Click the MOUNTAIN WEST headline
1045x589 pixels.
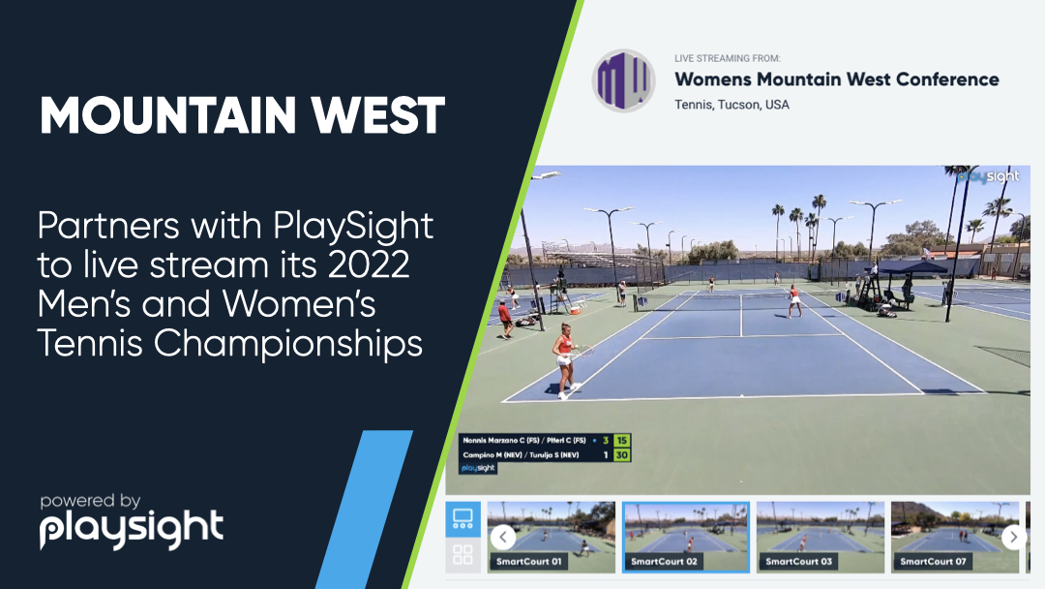(242, 117)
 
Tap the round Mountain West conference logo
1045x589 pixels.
(624, 80)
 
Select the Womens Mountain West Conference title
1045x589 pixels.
(836, 79)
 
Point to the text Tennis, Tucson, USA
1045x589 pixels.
(731, 105)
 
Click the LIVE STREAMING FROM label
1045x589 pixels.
(727, 59)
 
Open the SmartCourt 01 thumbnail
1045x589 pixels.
(551, 537)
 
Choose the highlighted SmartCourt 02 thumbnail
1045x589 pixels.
(685, 537)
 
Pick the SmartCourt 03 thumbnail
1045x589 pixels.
(820, 537)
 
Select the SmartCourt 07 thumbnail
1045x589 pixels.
(954, 537)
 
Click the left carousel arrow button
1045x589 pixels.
(502, 537)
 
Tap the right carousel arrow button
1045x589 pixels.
(1012, 537)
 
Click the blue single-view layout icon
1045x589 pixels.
(463, 518)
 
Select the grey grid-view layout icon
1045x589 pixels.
(463, 555)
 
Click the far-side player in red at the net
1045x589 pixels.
(793, 300)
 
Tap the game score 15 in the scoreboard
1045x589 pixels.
(622, 441)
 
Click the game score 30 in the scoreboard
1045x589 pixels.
(622, 454)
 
